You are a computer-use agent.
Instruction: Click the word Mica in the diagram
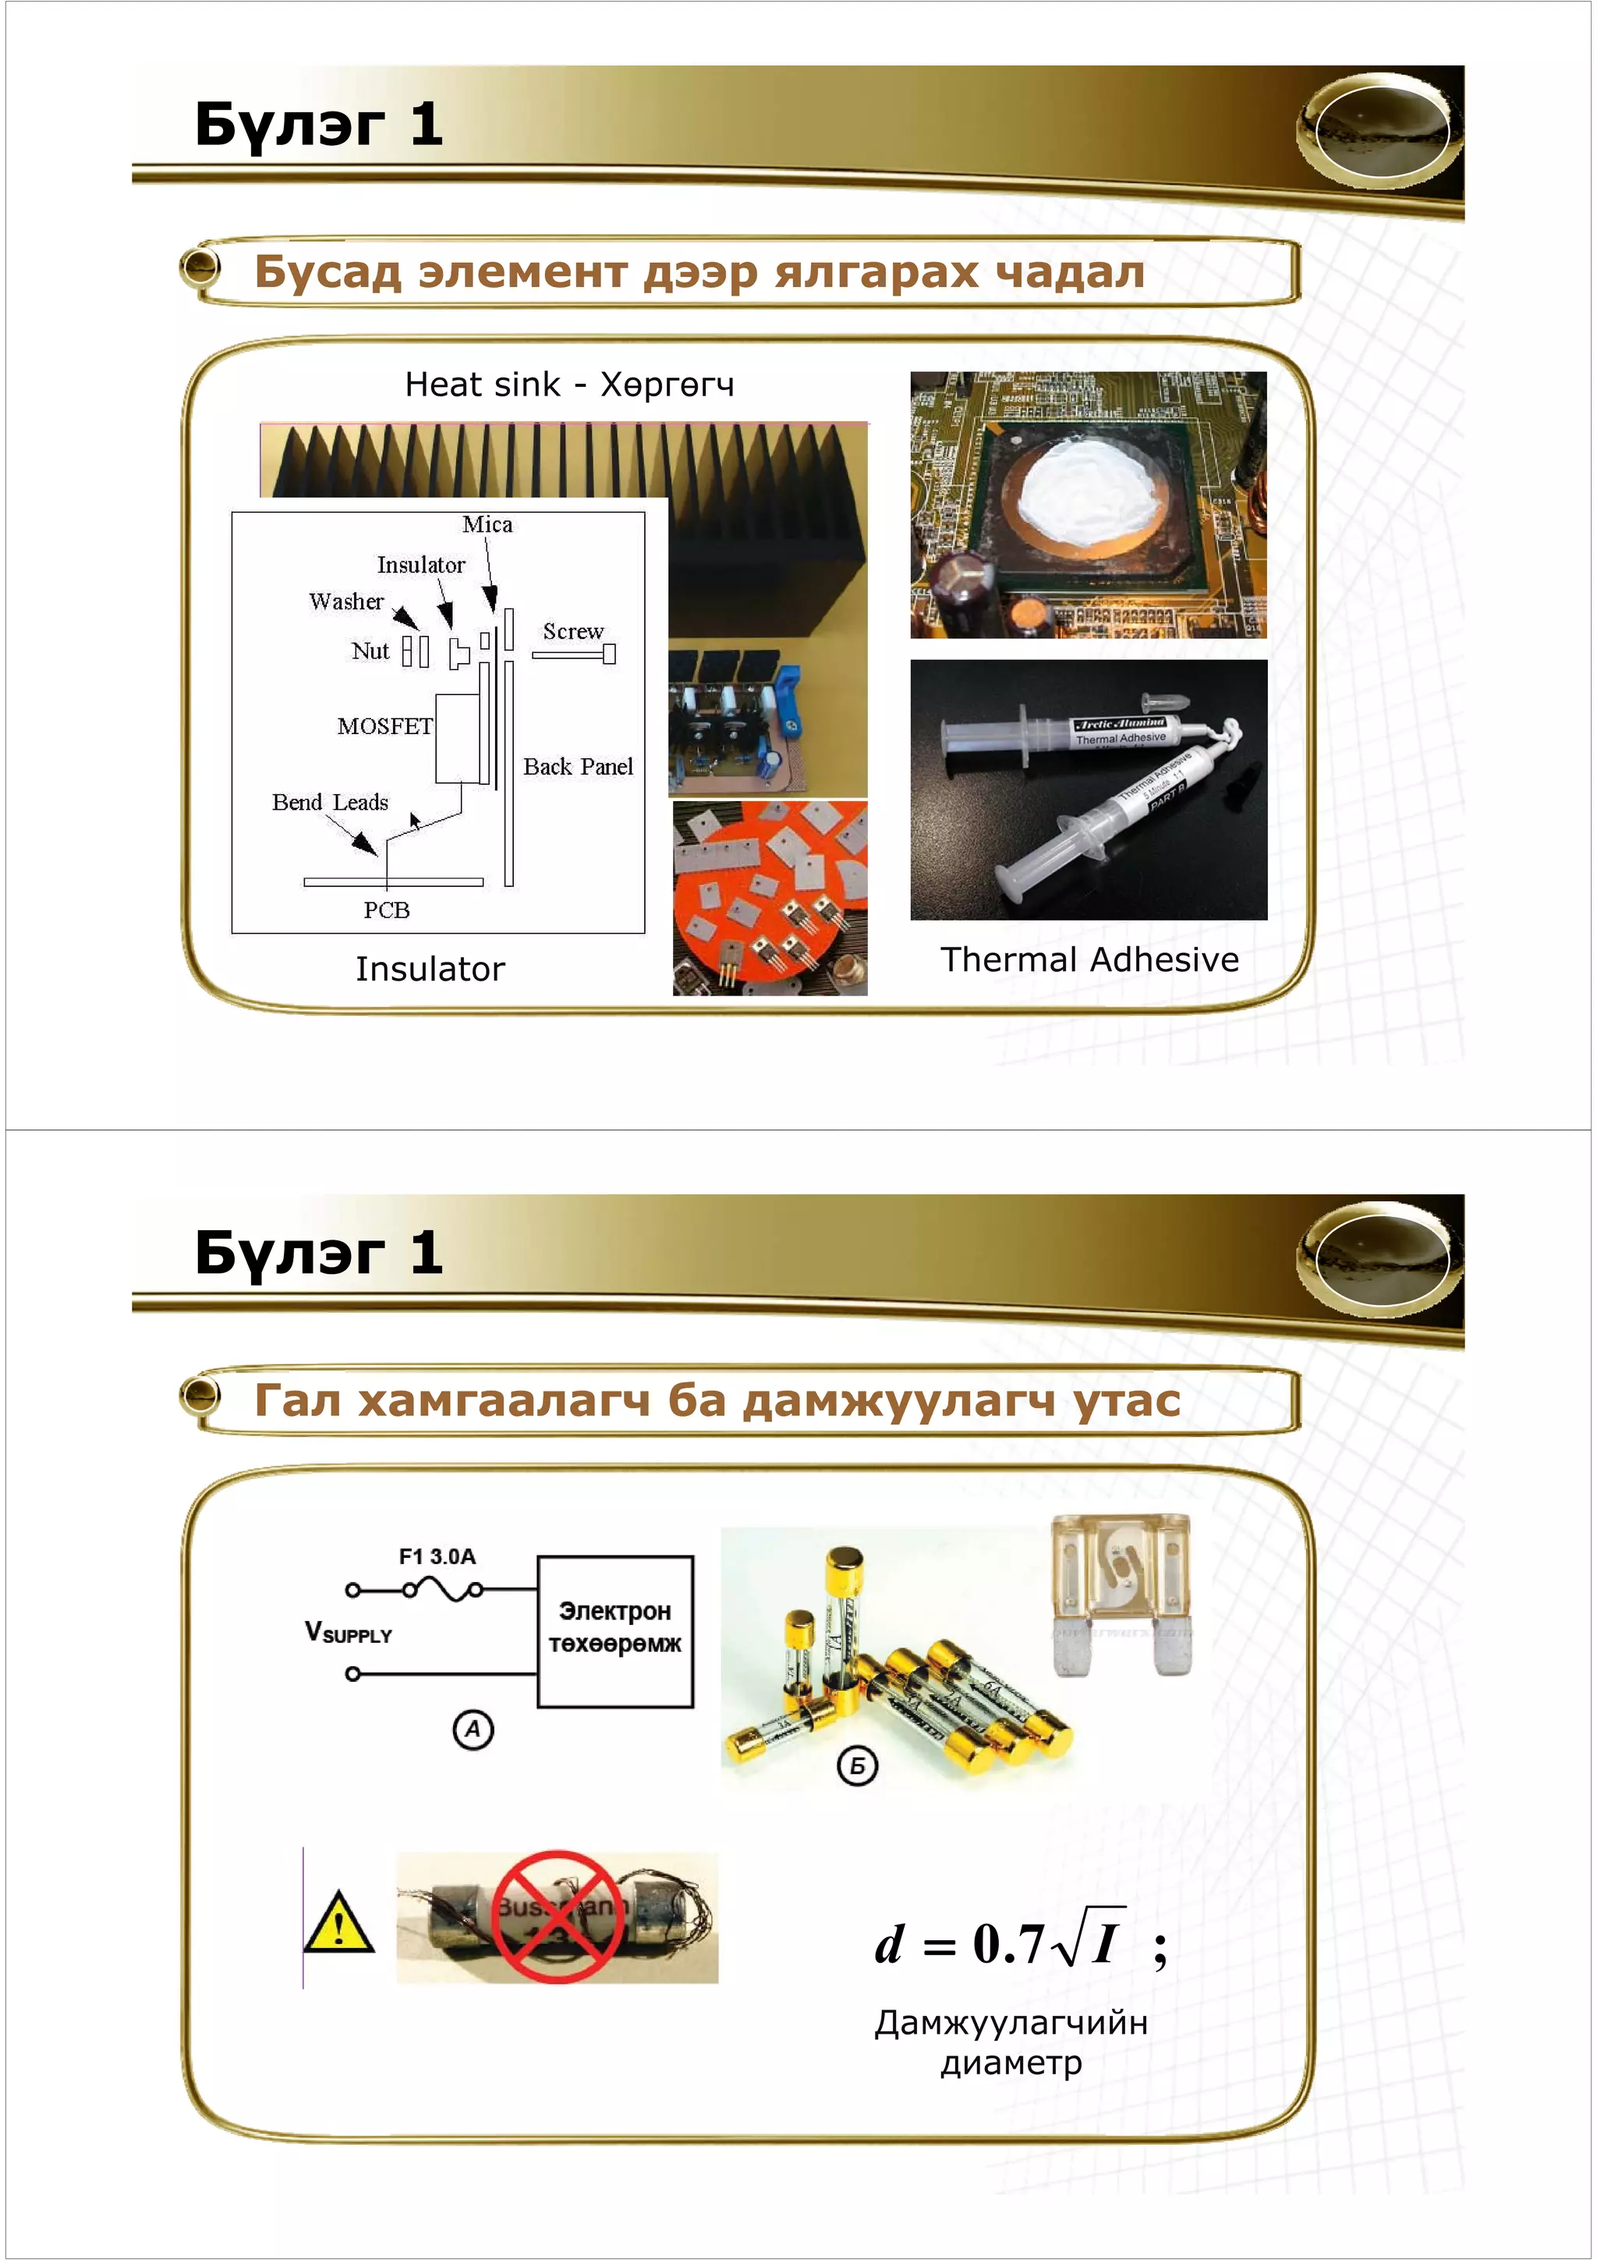point(487,525)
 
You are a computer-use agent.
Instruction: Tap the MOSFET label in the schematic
point(384,726)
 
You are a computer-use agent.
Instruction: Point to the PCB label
point(387,910)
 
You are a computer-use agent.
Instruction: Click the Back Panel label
point(578,767)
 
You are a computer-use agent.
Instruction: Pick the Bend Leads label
point(330,802)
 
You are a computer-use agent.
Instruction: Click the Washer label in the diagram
point(345,601)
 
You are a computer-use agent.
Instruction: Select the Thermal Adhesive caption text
point(1089,960)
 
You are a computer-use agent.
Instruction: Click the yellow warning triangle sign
point(338,1922)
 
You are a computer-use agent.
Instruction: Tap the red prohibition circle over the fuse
point(557,1917)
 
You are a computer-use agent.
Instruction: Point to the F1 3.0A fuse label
point(437,1556)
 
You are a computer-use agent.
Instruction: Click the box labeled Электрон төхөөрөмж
point(615,1631)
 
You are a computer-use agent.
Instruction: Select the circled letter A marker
point(473,1729)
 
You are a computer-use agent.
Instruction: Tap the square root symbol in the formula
point(1067,1944)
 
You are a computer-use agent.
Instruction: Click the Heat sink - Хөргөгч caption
point(570,385)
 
